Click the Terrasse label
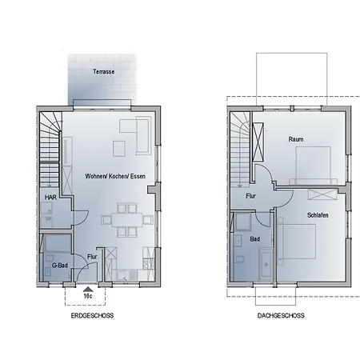[x=104, y=71]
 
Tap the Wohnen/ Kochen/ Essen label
[x=115, y=176]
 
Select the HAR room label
[x=50, y=197]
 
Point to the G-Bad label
[x=60, y=265]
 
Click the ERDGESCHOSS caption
[x=92, y=315]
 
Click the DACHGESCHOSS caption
[x=281, y=315]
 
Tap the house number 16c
[x=88, y=296]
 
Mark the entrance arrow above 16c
[x=88, y=290]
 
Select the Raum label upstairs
[x=296, y=139]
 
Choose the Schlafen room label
[x=318, y=215]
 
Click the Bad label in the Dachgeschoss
[x=255, y=239]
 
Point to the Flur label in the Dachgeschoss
[x=250, y=196]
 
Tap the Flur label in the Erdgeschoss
[x=92, y=257]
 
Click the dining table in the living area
[x=127, y=219]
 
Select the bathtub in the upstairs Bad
[x=266, y=264]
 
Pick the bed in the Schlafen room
[x=296, y=242]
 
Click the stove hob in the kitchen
[x=149, y=264]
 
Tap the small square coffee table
[x=119, y=149]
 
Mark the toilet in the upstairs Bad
[x=239, y=259]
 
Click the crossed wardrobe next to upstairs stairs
[x=258, y=142]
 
